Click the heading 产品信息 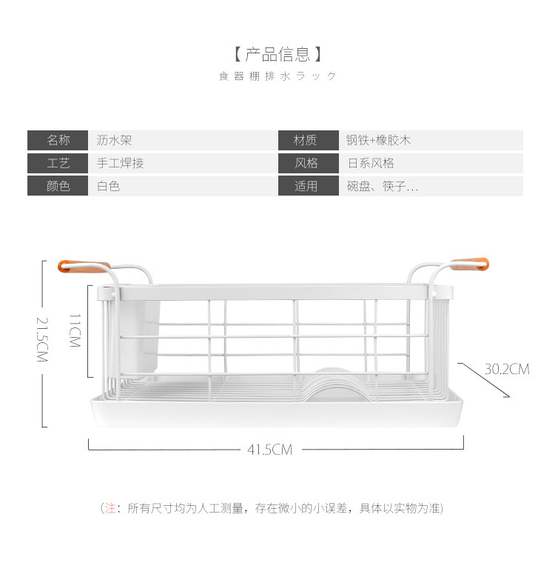point(277,54)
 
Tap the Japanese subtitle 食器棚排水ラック point(277,76)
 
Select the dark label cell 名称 point(58,140)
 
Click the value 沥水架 point(114,140)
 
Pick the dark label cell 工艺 point(58,163)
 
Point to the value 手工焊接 point(120,163)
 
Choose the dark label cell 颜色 point(58,186)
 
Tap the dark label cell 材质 point(306,140)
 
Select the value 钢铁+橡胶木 point(378,140)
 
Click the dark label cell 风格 point(306,163)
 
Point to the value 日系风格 point(371,163)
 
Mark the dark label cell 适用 point(306,186)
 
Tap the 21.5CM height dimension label point(41,339)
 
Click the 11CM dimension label point(74,331)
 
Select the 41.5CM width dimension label point(270,450)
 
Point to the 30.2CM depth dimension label point(507,369)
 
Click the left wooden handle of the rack point(84,264)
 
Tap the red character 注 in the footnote point(110,508)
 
